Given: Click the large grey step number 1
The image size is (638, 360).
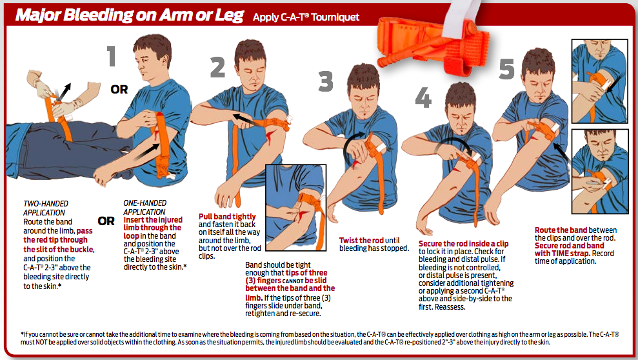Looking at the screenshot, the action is pos(112,56).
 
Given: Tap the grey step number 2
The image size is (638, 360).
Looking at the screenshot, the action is pos(217,67).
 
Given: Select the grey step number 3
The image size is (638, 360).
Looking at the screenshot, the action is pos(326,81).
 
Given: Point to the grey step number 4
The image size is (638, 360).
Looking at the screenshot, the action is pos(423,98).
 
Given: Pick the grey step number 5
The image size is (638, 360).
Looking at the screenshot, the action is pos(507,68).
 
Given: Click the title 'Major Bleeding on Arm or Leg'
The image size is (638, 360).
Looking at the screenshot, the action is pos(130,15).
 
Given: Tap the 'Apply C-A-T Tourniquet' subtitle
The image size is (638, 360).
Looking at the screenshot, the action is pos(306,17).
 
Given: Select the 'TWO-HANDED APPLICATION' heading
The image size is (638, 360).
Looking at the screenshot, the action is pos(46,208).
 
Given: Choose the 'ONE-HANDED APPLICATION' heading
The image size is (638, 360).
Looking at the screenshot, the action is pos(145,208).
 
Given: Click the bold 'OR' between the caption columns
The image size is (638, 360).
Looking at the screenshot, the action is pos(106,221).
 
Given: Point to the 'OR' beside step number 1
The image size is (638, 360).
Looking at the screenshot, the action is pos(119,89).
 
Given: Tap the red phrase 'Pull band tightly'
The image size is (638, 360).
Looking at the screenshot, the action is pos(227,216).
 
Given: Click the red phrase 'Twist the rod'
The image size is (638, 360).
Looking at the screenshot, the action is pos(361,241).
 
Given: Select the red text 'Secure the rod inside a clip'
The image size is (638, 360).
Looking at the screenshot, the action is pos(463,244).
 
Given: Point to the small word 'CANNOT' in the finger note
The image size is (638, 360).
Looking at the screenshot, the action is pos(293,281).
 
